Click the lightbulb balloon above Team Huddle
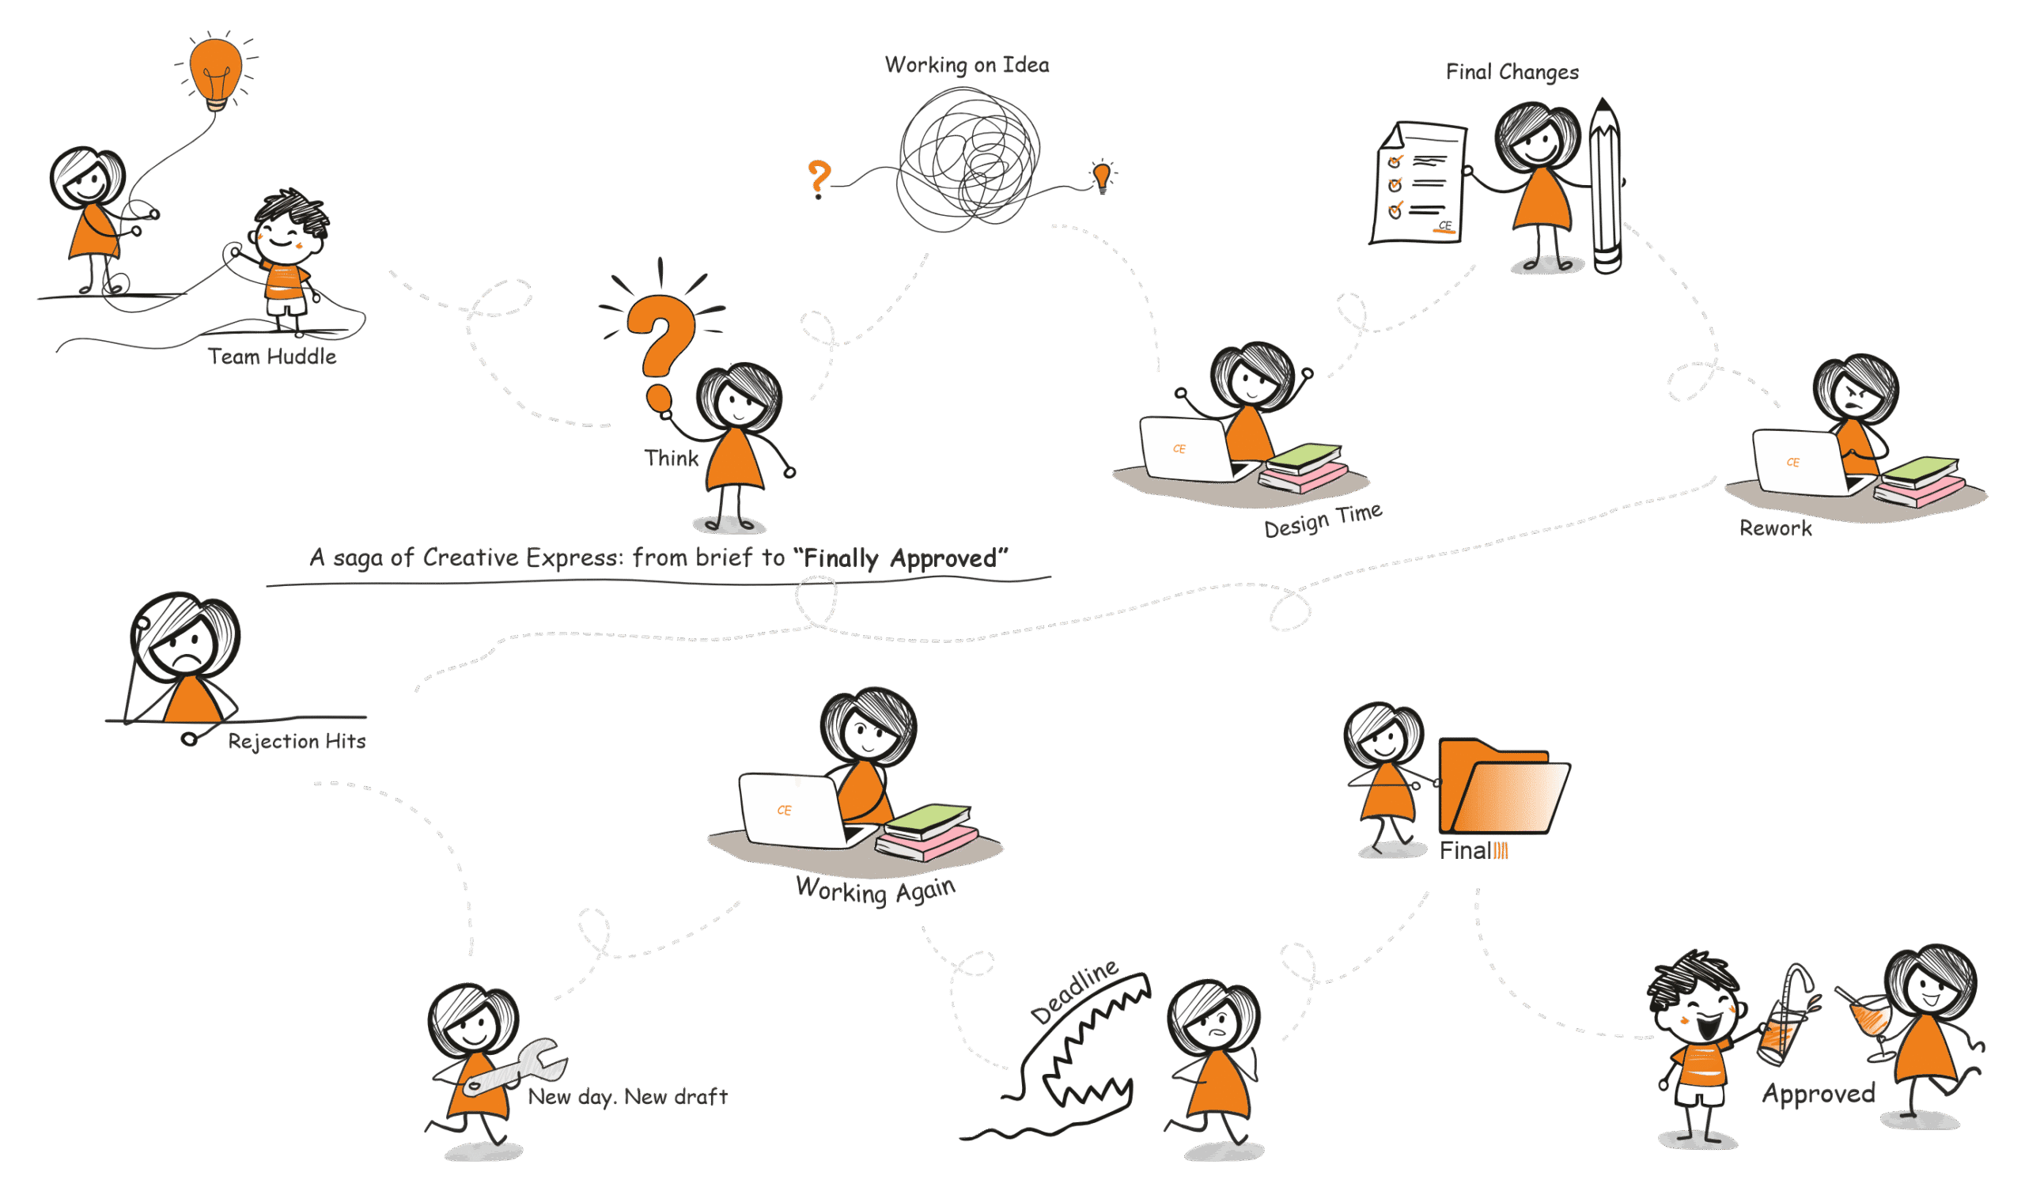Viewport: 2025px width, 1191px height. (x=215, y=70)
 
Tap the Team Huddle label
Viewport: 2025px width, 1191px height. (x=271, y=357)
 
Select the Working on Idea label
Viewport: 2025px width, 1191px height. (x=967, y=65)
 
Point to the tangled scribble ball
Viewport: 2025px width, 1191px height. (x=968, y=160)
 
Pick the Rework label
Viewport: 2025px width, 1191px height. (x=1775, y=528)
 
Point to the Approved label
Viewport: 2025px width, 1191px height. (x=1819, y=1094)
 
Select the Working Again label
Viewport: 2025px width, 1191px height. (x=875, y=890)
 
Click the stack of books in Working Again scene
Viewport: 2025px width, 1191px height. (x=928, y=832)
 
